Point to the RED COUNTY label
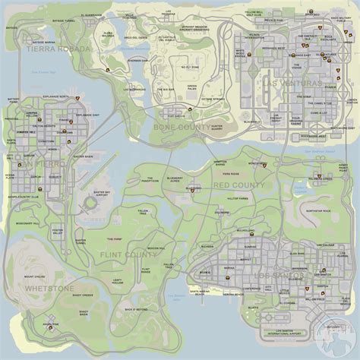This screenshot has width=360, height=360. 238,185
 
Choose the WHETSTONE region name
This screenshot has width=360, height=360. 49,289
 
